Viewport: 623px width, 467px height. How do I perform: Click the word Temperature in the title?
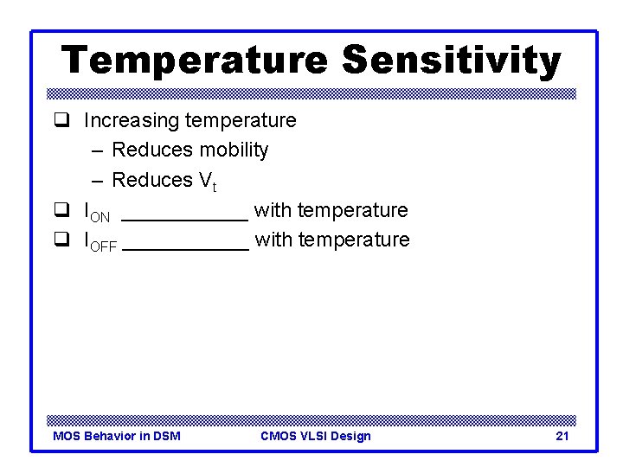pyautogui.click(x=195, y=61)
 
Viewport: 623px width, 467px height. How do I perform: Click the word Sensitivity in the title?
pyautogui.click(x=451, y=61)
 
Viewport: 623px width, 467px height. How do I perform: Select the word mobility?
pyautogui.click(x=234, y=150)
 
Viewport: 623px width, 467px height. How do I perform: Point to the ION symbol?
pyautogui.click(x=96, y=212)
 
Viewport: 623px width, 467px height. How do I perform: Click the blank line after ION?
pyautogui.click(x=184, y=216)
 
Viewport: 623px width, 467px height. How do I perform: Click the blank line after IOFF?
pyautogui.click(x=186, y=246)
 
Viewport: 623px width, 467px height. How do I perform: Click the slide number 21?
pyautogui.click(x=562, y=436)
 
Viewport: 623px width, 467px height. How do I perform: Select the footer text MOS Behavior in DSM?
pyautogui.click(x=117, y=436)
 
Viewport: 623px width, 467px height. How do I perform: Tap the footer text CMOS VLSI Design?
pyautogui.click(x=315, y=436)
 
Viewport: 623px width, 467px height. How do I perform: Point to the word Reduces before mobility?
pyautogui.click(x=152, y=150)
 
